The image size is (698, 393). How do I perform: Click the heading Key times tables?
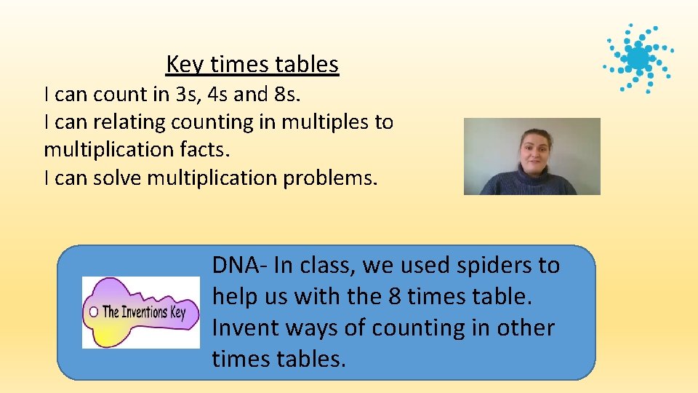pyautogui.click(x=252, y=65)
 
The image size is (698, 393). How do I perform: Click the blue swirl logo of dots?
pyautogui.click(x=638, y=57)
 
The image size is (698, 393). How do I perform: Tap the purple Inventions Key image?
pyautogui.click(x=140, y=311)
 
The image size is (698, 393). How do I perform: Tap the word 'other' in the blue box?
pyautogui.click(x=526, y=328)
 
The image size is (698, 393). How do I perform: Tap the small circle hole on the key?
pyautogui.click(x=93, y=312)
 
